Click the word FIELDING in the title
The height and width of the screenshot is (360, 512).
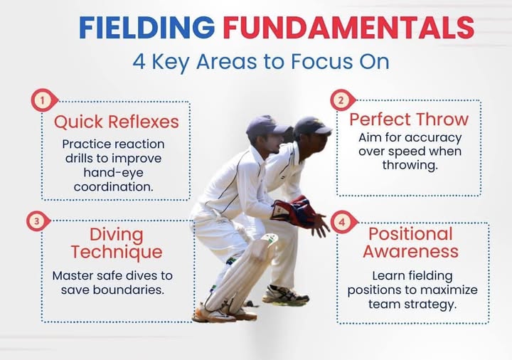click(146, 27)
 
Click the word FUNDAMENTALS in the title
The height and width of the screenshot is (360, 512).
click(348, 27)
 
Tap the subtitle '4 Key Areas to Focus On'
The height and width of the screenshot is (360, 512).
click(260, 61)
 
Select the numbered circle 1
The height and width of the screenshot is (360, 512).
click(43, 101)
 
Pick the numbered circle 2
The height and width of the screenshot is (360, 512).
click(341, 100)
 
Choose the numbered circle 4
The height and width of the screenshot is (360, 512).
click(341, 223)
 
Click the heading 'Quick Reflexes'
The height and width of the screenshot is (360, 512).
click(117, 122)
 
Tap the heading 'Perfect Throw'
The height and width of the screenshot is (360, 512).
click(409, 118)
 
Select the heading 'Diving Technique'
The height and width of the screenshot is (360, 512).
click(117, 243)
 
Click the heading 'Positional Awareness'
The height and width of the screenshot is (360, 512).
click(410, 243)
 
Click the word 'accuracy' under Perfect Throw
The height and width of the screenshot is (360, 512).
click(429, 137)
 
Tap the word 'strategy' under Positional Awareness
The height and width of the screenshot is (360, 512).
click(431, 304)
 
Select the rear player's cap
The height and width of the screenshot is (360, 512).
click(311, 126)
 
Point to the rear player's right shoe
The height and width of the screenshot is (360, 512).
click(285, 295)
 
